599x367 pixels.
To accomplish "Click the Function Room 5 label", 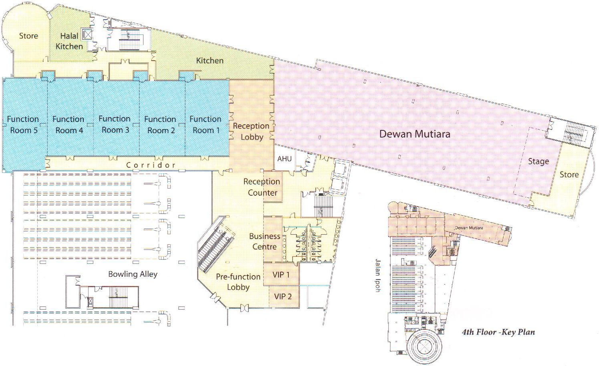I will [23, 125].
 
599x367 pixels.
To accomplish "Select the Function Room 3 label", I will [115, 124].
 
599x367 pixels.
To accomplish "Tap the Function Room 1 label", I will [206, 125].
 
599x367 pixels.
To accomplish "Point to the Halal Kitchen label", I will [69, 41].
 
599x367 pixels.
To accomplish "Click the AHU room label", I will [284, 159].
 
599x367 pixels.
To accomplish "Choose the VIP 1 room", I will [281, 275].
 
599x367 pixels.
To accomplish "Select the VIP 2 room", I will [283, 297].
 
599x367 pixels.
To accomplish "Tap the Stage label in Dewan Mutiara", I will [538, 161].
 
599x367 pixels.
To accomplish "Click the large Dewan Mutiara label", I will [415, 134].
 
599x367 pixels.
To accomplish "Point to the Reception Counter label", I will [262, 187].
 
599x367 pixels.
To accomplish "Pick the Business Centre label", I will [264, 241].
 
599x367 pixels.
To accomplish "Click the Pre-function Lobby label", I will [238, 282].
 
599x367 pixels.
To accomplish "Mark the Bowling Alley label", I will [133, 274].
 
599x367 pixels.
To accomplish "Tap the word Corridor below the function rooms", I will [151, 165].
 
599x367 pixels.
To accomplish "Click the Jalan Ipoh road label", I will [377, 275].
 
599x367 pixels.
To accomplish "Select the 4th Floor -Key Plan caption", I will [498, 332].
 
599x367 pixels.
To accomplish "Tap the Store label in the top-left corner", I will [28, 36].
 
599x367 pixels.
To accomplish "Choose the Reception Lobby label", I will [251, 132].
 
